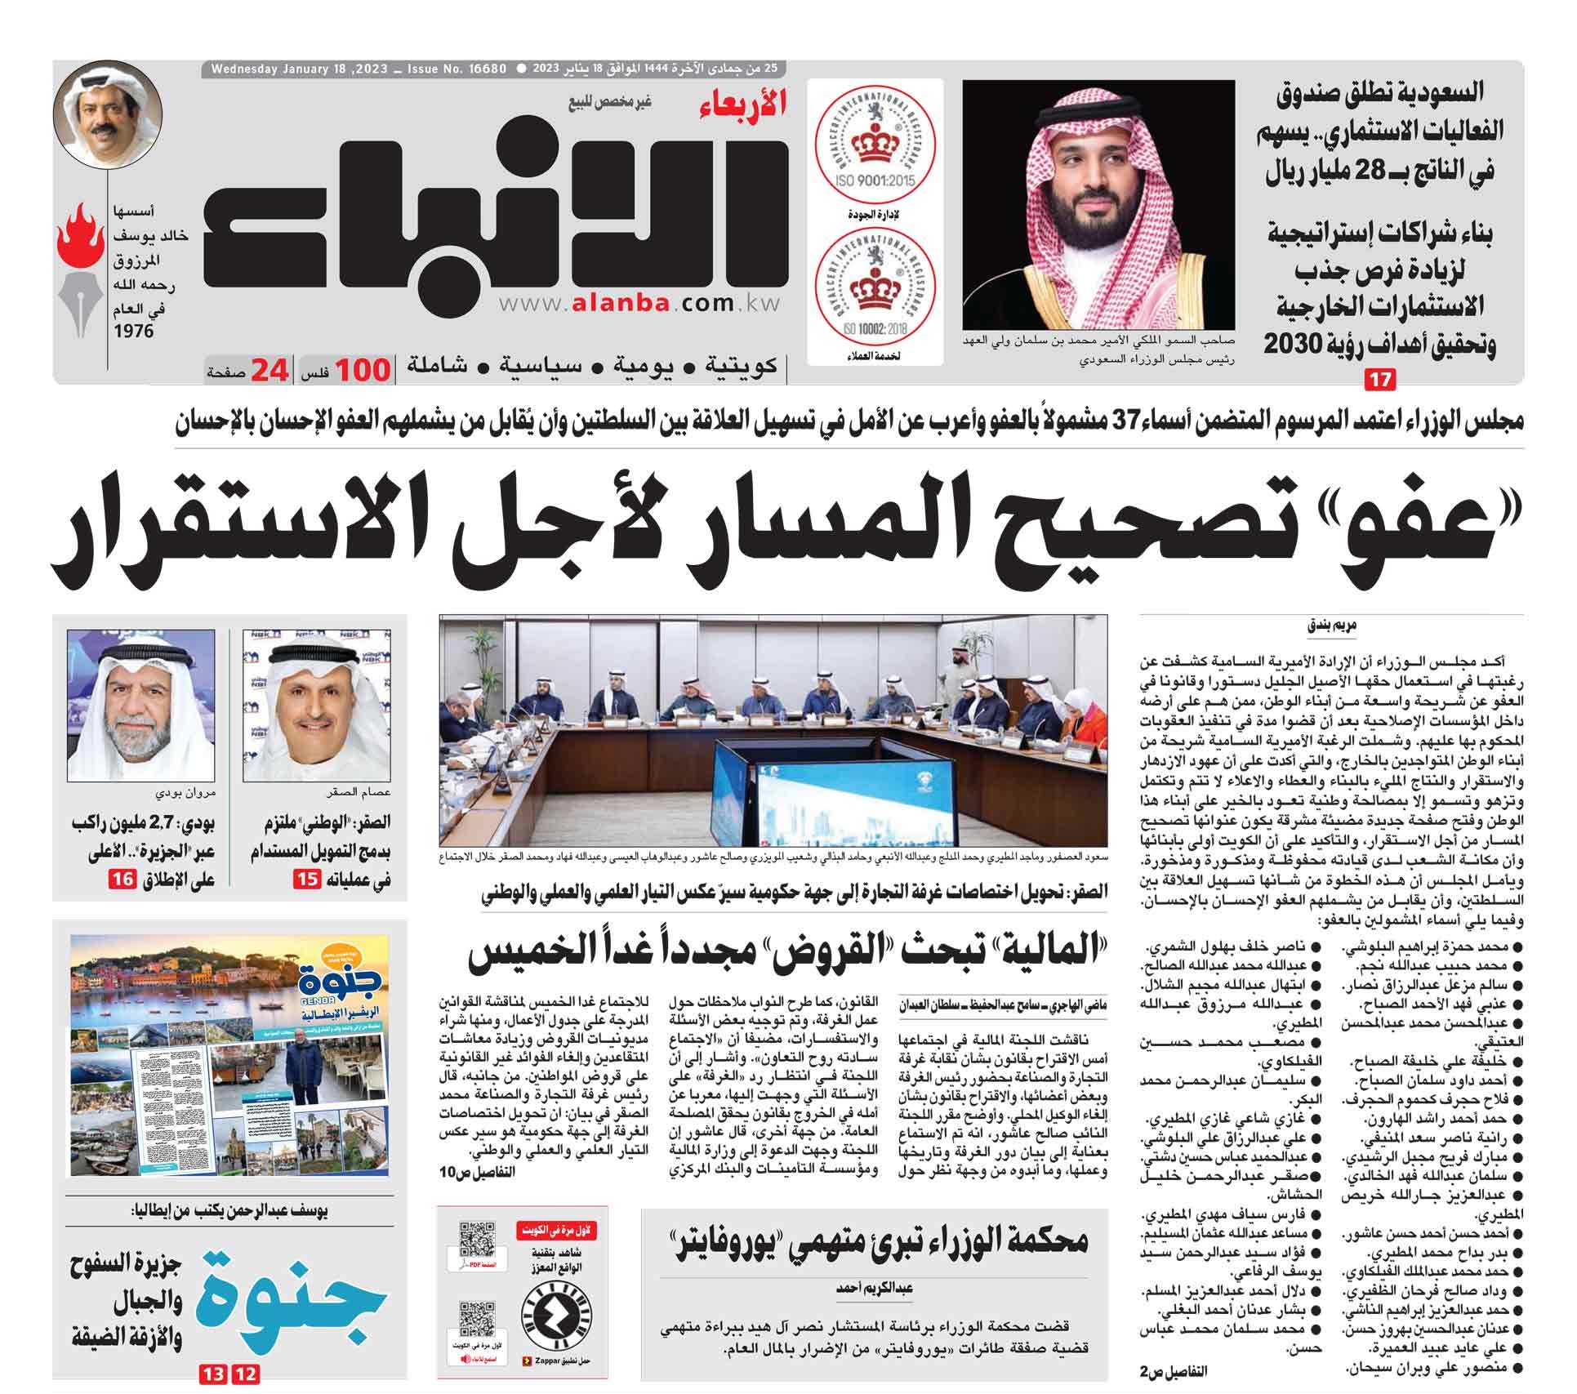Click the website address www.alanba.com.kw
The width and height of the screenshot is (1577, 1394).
(636, 304)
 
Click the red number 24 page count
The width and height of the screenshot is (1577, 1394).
(270, 372)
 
